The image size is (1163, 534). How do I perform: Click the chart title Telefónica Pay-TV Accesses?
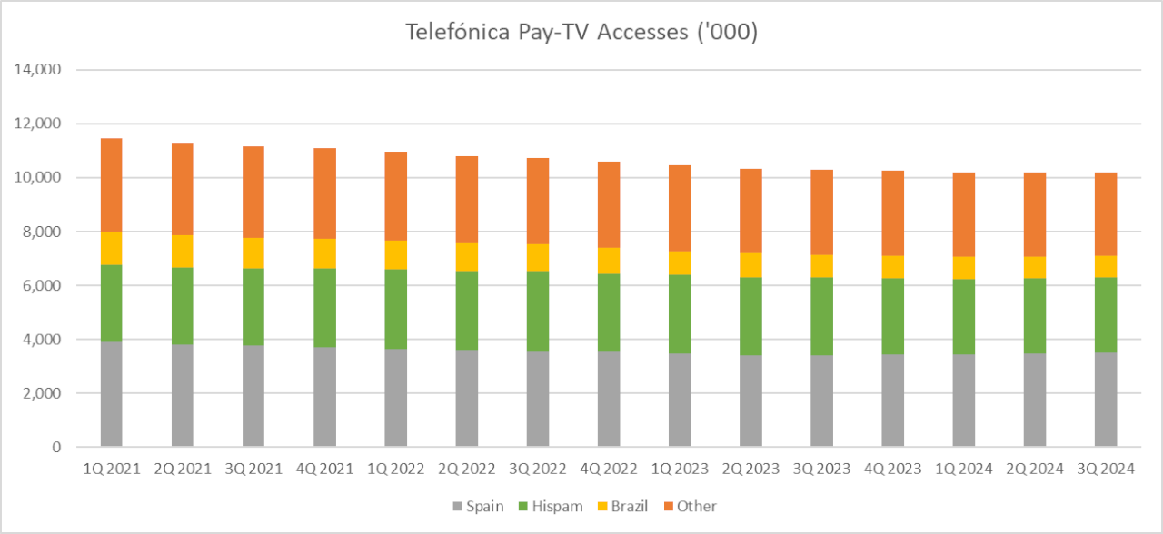click(581, 33)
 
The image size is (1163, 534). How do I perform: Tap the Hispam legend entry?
click(551, 506)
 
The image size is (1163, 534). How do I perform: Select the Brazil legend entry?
click(622, 506)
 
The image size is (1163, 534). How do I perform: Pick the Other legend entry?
click(689, 506)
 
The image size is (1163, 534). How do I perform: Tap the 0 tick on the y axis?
click(56, 447)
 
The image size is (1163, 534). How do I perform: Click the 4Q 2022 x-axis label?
click(608, 469)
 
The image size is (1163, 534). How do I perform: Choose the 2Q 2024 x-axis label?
click(1034, 469)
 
